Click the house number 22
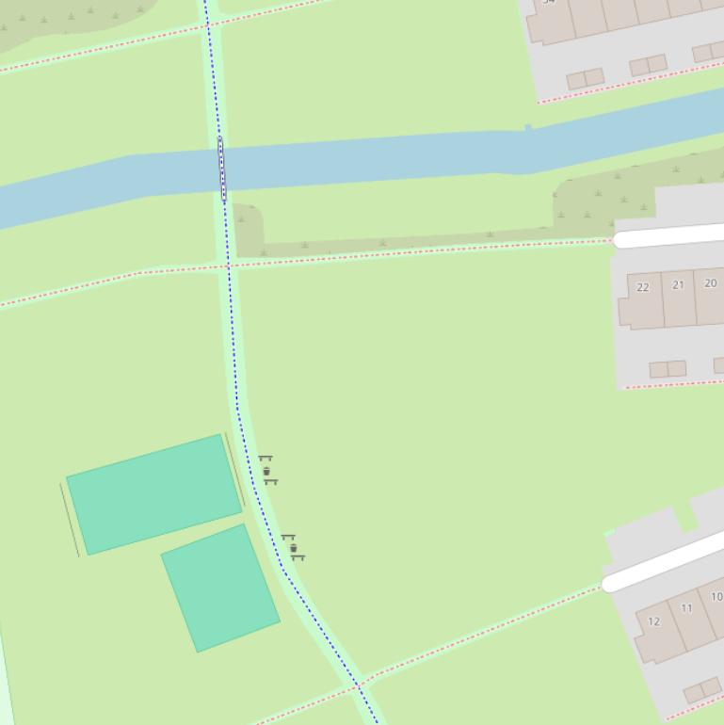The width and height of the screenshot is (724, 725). [643, 287]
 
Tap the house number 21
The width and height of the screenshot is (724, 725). [678, 284]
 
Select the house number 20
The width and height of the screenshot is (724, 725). [710, 282]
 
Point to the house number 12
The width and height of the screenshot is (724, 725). [653, 621]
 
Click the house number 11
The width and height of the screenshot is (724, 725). [686, 608]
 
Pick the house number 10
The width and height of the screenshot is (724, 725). [716, 597]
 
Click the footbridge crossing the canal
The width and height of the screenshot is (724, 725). [222, 169]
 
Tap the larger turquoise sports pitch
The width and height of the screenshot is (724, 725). [154, 493]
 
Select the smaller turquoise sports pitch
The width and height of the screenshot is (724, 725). [220, 587]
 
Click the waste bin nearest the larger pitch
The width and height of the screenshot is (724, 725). [267, 471]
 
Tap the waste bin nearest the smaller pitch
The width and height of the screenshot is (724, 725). [294, 548]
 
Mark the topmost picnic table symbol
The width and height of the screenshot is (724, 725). [265, 459]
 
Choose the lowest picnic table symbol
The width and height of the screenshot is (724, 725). [298, 557]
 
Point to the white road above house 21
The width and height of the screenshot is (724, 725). [668, 235]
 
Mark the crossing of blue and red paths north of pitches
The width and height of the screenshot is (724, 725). [229, 266]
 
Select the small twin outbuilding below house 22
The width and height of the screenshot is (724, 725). [668, 368]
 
